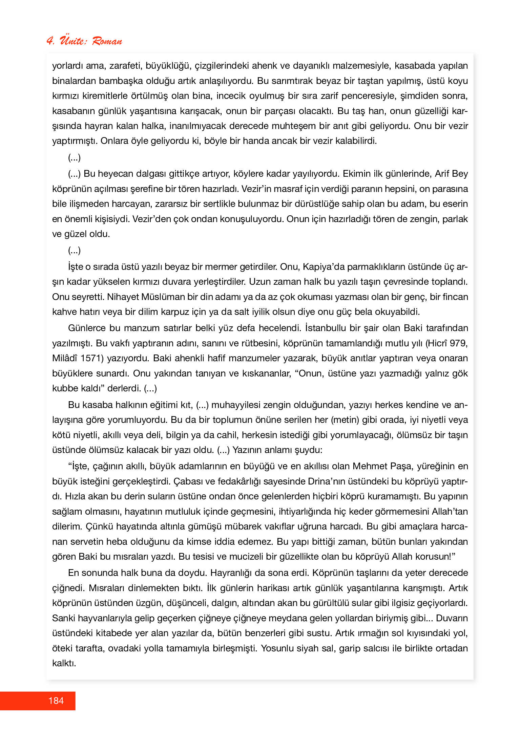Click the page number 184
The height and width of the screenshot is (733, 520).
coord(56,700)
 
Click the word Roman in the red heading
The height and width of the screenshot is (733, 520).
coord(107,41)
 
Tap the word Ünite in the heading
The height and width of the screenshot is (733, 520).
coord(73,41)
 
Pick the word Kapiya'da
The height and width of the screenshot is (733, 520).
coord(324,267)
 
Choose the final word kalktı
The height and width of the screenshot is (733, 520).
coord(64,663)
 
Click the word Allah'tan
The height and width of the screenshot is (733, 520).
coord(450,511)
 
